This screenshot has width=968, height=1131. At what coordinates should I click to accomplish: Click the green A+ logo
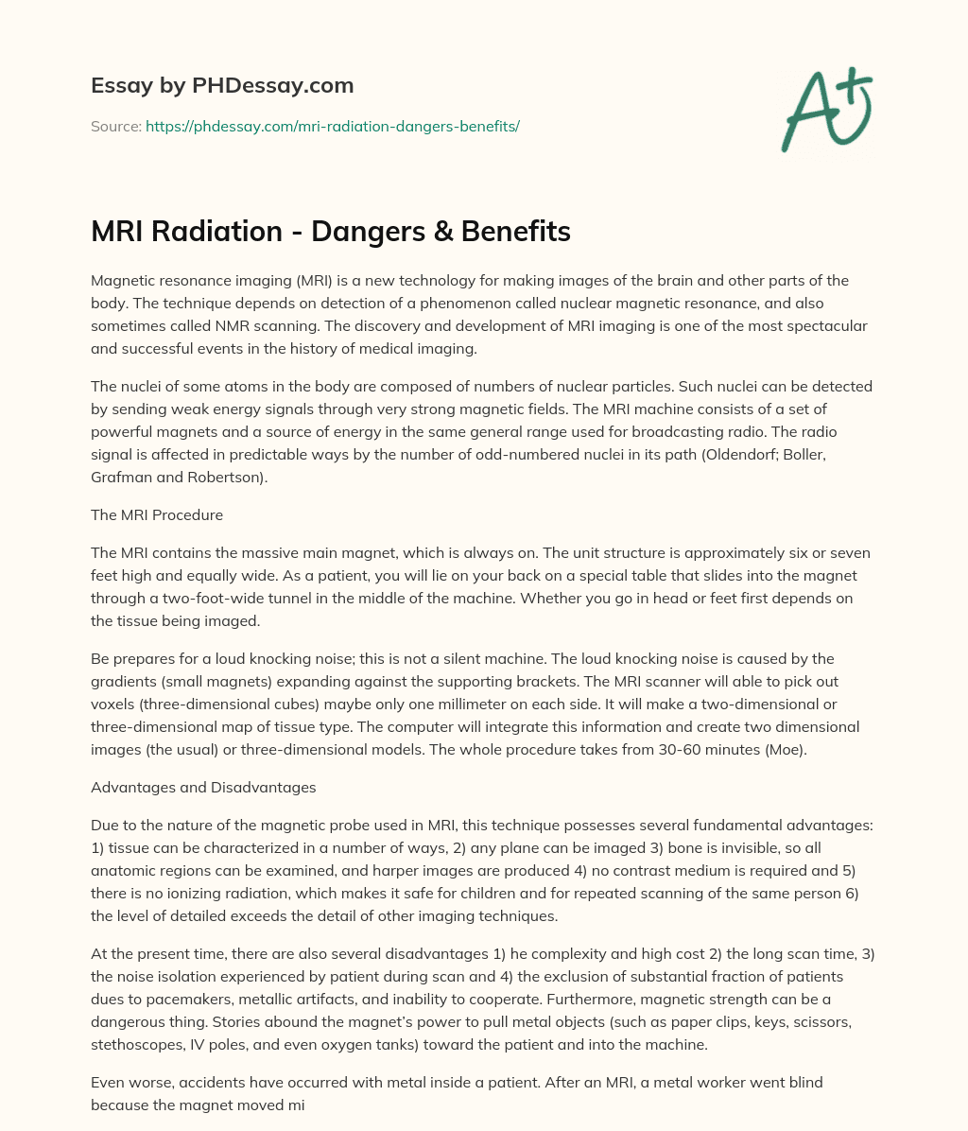click(x=825, y=109)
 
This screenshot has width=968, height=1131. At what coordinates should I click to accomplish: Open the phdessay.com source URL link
click(x=333, y=126)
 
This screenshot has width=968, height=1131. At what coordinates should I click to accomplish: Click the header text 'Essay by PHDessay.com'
click(x=222, y=86)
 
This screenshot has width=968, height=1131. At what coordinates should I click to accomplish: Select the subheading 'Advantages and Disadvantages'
click(x=203, y=787)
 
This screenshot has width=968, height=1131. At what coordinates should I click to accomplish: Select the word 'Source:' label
click(x=116, y=126)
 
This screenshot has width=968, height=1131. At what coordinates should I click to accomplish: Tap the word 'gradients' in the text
click(x=123, y=682)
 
